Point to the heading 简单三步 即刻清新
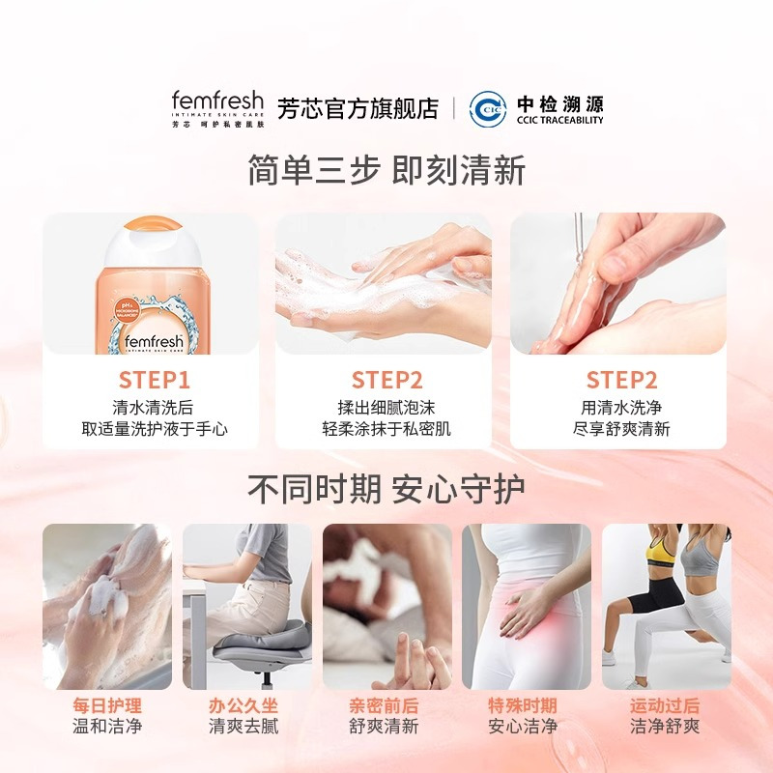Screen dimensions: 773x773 click(x=386, y=170)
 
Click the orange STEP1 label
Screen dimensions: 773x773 click(x=155, y=380)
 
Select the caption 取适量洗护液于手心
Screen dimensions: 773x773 click(x=155, y=429)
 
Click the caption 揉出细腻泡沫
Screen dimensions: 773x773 click(x=386, y=408)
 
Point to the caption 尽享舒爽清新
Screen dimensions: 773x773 click(x=621, y=429)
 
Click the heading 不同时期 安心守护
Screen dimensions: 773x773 click(x=386, y=488)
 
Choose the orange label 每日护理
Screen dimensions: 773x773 click(x=107, y=705)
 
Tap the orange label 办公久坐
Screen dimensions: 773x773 click(x=244, y=705)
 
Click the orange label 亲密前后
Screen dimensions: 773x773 click(x=384, y=705)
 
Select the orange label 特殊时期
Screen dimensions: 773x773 click(x=523, y=705)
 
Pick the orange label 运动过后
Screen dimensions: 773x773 click(x=664, y=705)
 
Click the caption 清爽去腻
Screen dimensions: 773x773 click(x=244, y=727)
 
